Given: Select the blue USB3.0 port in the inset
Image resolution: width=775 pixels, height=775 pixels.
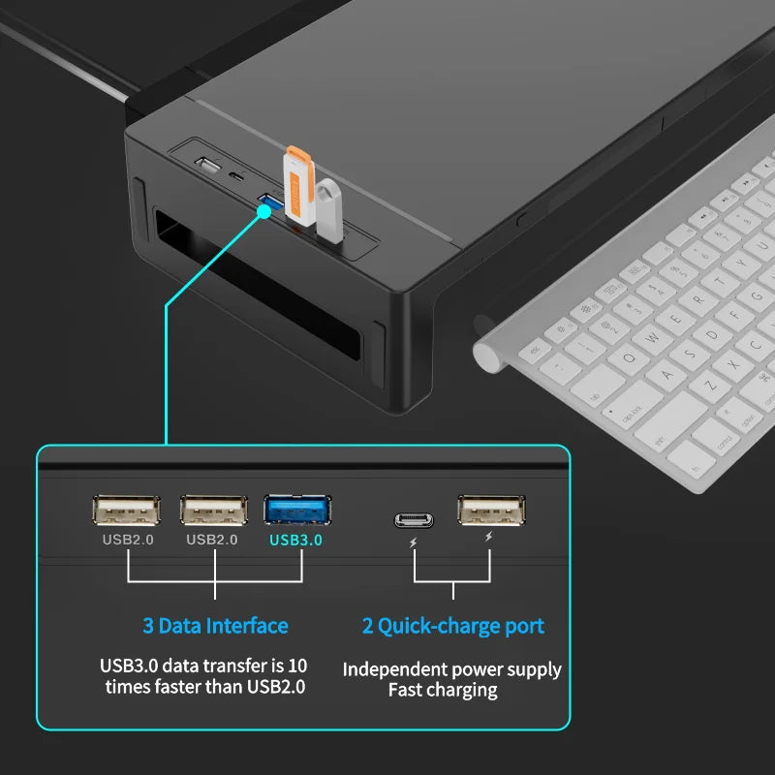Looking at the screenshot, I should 296,511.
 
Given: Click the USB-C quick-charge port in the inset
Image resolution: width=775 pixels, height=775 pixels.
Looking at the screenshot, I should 414,520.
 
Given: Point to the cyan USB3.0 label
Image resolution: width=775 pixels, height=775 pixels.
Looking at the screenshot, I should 296,540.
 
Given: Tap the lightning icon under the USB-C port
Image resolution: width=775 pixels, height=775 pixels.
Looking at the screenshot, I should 414,542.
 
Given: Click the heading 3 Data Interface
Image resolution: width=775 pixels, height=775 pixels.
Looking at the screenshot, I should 215,626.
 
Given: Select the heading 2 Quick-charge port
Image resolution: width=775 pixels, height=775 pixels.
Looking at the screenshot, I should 452,626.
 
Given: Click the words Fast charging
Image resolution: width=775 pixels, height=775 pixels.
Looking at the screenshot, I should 443,690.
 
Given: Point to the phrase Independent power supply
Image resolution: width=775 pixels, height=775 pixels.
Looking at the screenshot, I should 451,669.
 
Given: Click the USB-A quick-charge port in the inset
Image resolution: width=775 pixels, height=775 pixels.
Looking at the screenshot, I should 491,511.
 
